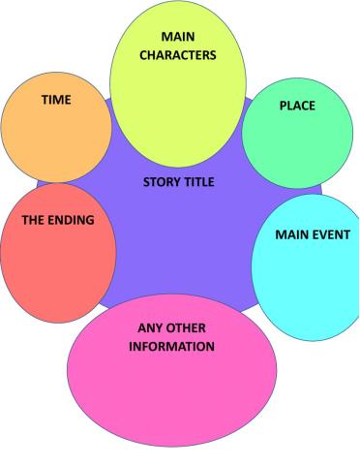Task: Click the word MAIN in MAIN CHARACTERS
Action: pyautogui.click(x=176, y=37)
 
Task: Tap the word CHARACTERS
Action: pyautogui.click(x=176, y=55)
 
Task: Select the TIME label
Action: pyautogui.click(x=55, y=100)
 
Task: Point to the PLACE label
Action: pyautogui.click(x=296, y=105)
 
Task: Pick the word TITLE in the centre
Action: pyautogui.click(x=199, y=181)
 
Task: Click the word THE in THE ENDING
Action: pyautogui.click(x=34, y=220)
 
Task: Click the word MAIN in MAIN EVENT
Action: pyautogui.click(x=291, y=234)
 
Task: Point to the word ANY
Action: pyautogui.click(x=151, y=327)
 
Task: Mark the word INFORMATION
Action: pyautogui.click(x=171, y=346)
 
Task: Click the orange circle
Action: pyautogui.click(x=53, y=126)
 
